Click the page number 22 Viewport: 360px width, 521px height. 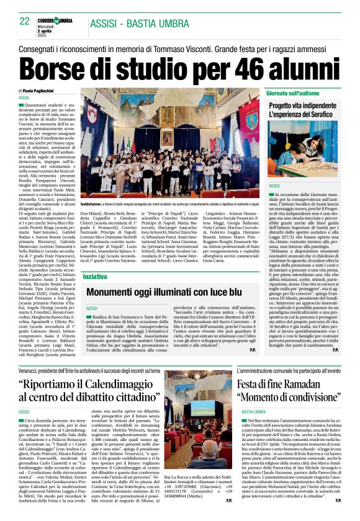click(25, 20)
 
